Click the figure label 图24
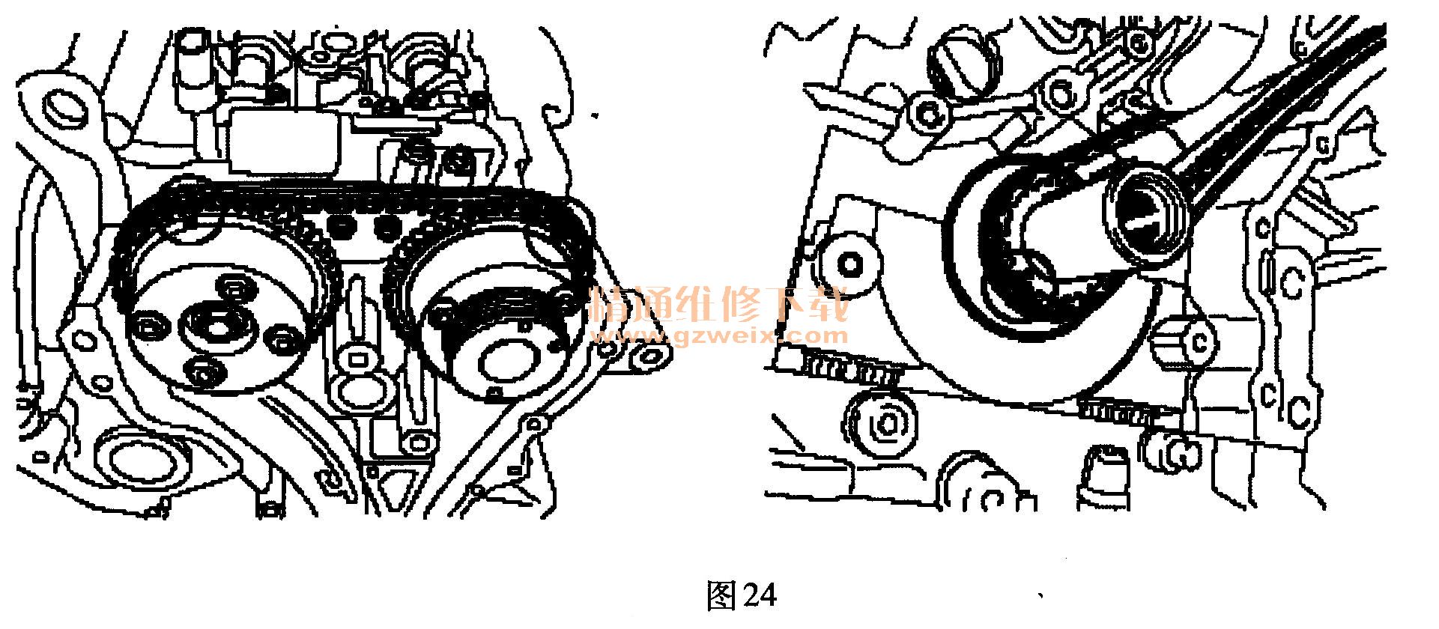coord(742,596)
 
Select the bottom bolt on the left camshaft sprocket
coord(203,371)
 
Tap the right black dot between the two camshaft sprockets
coord(387,225)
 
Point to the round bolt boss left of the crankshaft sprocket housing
coord(849,263)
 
